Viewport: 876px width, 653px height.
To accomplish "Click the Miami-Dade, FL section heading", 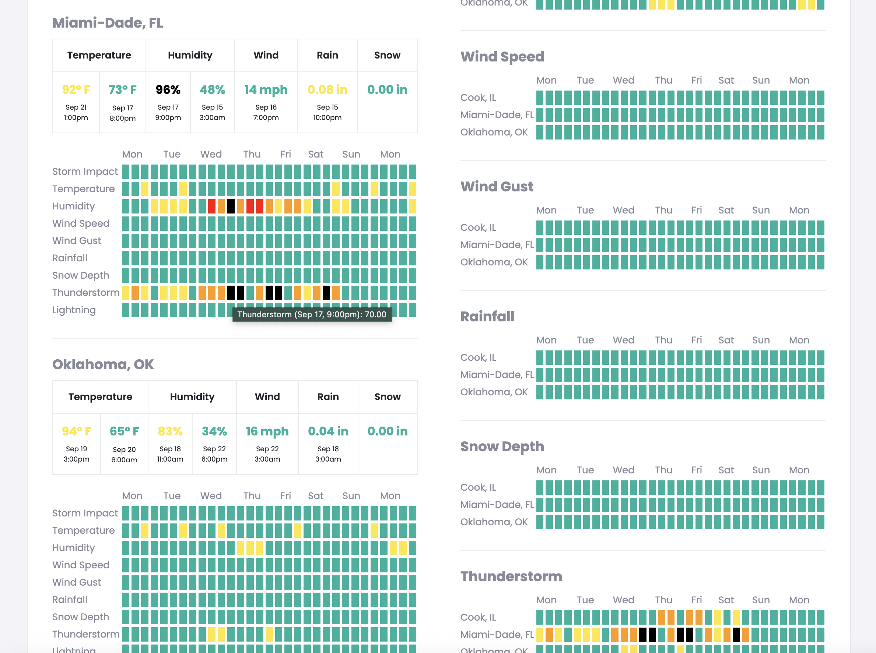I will click(x=108, y=23).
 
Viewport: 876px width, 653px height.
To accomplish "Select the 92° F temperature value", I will click(x=76, y=90).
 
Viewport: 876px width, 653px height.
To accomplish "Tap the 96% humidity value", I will click(x=168, y=90).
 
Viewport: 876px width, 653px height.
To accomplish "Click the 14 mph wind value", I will click(x=266, y=90).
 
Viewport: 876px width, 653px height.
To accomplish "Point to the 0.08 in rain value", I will click(x=327, y=90).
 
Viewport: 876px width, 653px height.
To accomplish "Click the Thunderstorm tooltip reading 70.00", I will click(x=312, y=315).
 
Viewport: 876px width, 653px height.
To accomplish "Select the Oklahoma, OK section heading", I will click(x=103, y=364).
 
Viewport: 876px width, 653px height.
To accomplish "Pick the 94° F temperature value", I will click(x=76, y=431).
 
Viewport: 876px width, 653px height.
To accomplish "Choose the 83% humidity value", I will click(x=170, y=431).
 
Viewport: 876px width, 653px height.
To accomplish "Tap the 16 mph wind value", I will click(x=267, y=431).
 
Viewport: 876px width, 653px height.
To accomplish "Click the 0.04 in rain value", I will click(x=328, y=431).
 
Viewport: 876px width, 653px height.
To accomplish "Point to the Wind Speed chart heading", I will click(x=502, y=57).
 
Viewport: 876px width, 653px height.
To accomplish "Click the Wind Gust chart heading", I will click(x=497, y=187).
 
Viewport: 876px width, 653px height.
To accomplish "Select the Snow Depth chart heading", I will click(x=502, y=446).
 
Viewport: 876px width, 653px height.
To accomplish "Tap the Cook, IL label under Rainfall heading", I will click(x=478, y=358).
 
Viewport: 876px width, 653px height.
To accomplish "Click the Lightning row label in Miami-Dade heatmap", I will click(x=74, y=310).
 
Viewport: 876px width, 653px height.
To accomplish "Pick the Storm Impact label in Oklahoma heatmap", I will click(x=85, y=513).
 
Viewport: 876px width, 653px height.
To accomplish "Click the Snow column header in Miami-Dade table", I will click(x=387, y=55).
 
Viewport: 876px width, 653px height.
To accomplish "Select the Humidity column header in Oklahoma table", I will click(x=192, y=397).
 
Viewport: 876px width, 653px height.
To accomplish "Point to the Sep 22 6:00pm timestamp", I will click(x=214, y=454).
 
